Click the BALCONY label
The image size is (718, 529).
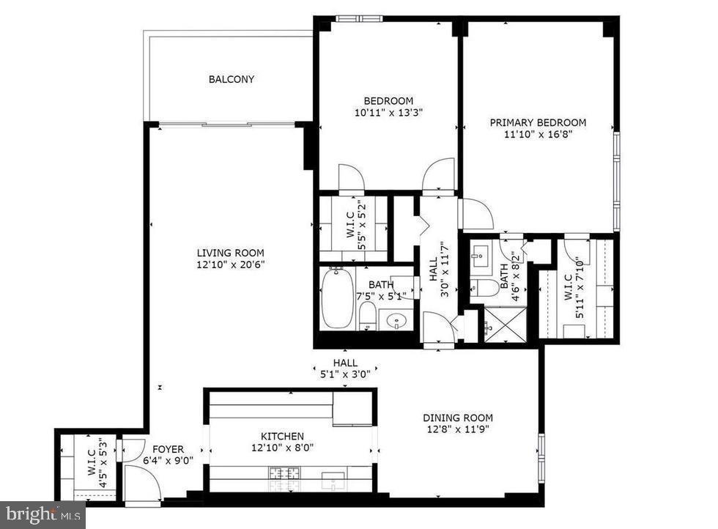click(232, 79)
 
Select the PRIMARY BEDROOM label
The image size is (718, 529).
click(538, 122)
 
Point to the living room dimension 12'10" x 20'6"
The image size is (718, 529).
click(230, 264)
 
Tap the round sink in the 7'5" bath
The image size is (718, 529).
click(396, 320)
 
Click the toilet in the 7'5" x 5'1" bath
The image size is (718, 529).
click(368, 316)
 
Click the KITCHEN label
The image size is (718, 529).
click(282, 436)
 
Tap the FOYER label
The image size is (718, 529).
click(168, 449)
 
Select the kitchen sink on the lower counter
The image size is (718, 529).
click(333, 482)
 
